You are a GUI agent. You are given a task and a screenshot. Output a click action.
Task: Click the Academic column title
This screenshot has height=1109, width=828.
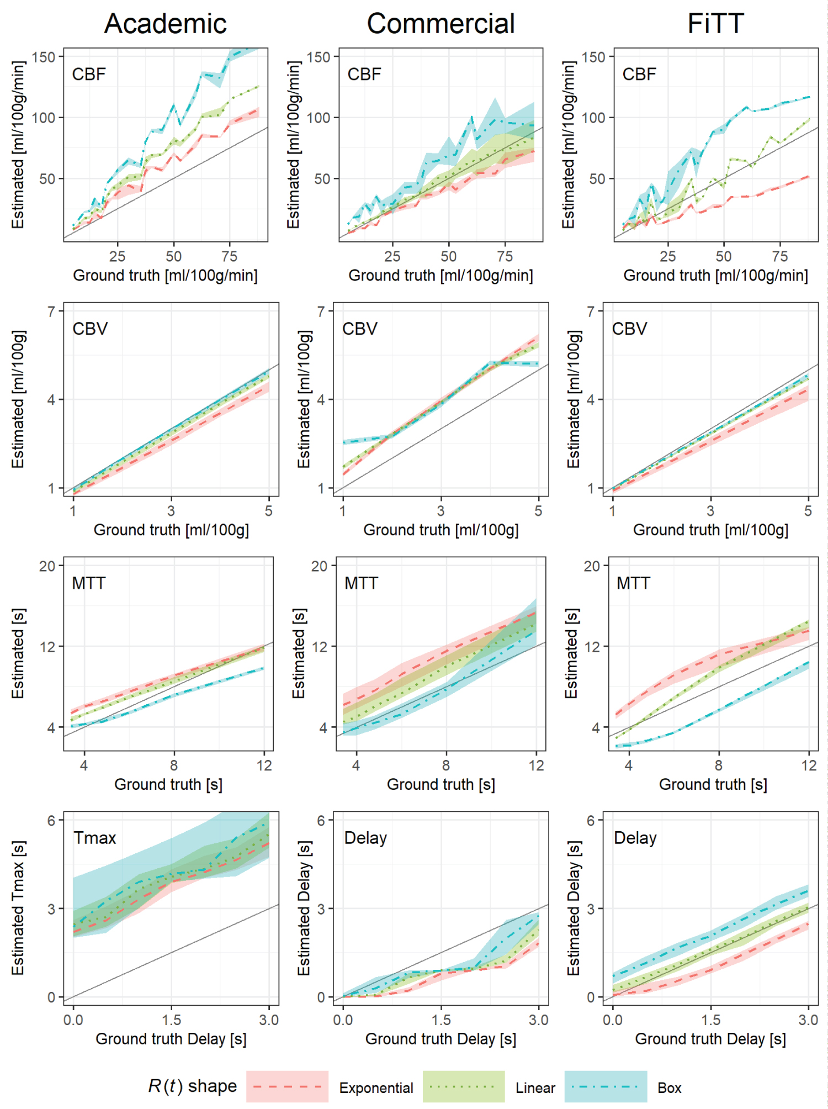click(165, 24)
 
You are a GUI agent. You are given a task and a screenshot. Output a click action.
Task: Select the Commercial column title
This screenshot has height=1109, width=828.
click(440, 24)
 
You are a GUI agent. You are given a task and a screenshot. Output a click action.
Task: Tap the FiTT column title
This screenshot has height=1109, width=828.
click(715, 24)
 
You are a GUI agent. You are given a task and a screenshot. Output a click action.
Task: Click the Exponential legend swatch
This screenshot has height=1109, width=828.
click(287, 1086)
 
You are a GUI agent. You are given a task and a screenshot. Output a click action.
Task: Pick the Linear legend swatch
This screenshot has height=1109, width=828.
click(463, 1086)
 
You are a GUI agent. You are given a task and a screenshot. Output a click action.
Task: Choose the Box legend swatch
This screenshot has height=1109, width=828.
click(606, 1086)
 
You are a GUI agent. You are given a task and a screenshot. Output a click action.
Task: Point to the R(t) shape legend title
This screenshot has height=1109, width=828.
click(192, 1086)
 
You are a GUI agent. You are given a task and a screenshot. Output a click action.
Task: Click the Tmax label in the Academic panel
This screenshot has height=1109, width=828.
click(95, 838)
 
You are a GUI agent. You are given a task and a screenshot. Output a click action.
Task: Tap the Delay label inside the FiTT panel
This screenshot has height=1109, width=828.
click(635, 838)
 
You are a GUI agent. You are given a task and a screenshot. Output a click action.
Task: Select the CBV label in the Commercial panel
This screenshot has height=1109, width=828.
click(359, 329)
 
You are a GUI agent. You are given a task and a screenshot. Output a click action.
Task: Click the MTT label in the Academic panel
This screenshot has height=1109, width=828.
click(88, 583)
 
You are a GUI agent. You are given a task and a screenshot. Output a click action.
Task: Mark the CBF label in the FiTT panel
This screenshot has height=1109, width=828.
click(639, 74)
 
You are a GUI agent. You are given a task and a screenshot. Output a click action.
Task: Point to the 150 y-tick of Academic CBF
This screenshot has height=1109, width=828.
click(44, 57)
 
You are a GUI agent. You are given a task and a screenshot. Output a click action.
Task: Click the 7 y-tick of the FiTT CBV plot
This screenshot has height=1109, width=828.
click(591, 311)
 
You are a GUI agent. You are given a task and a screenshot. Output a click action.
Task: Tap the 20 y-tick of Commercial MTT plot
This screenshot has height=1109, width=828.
click(319, 566)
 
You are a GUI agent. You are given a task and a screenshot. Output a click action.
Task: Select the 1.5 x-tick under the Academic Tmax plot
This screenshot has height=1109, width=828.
click(171, 1020)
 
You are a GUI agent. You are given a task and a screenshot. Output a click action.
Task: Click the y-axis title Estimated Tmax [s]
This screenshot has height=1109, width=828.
click(18, 908)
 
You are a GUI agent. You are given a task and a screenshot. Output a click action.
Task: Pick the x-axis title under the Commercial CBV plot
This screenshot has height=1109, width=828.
click(440, 530)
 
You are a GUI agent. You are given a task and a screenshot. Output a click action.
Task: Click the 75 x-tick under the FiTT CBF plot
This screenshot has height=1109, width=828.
click(779, 256)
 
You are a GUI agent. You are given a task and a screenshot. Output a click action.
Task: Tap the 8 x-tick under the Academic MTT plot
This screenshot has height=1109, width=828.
click(174, 765)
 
